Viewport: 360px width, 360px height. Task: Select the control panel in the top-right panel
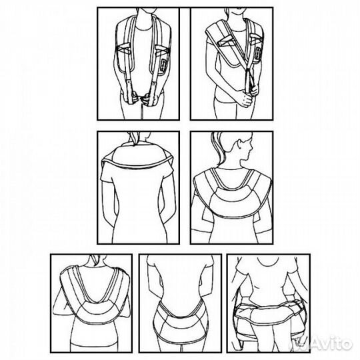258,54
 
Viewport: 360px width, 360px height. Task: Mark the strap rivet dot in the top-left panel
129,81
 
